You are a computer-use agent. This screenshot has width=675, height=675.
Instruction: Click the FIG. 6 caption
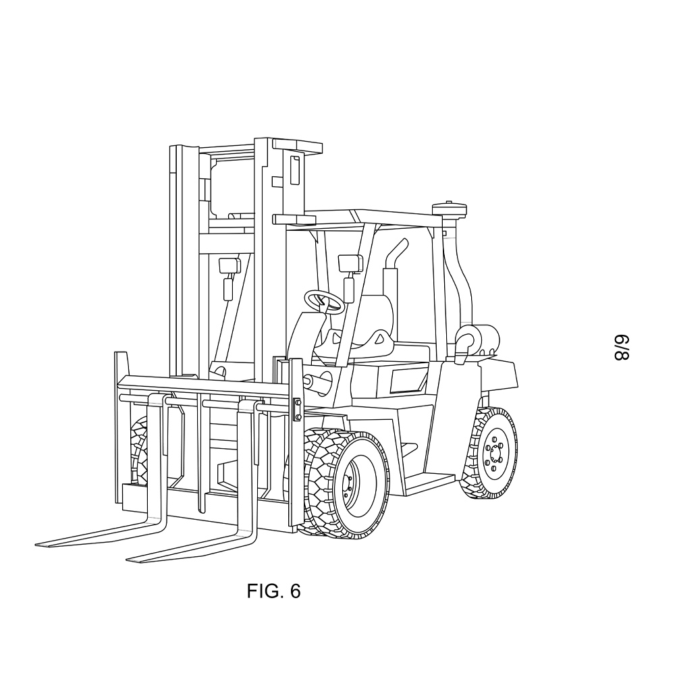[273, 591]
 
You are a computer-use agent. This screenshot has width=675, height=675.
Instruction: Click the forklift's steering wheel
[324, 300]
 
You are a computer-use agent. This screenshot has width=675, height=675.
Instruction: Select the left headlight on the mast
[229, 265]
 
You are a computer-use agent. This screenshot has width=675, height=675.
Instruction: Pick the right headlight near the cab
[350, 263]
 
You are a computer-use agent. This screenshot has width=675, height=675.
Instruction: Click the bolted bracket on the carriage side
[297, 410]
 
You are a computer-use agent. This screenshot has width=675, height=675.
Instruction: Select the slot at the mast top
[295, 171]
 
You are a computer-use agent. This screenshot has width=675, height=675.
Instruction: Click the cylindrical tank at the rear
[477, 340]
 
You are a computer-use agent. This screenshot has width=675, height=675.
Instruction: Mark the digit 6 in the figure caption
[296, 591]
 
